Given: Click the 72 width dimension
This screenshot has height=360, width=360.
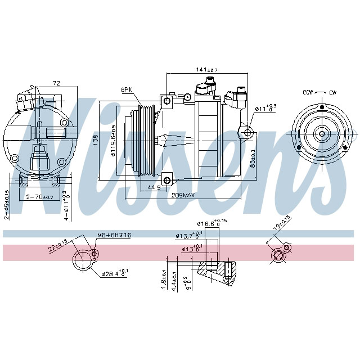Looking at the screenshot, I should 56,83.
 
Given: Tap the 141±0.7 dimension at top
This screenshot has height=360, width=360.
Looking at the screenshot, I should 206,70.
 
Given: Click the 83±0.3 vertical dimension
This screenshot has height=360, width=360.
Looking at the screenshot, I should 253,159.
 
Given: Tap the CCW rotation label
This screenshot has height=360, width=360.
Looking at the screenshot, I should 308,92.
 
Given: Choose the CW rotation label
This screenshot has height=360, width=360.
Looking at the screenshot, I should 332,92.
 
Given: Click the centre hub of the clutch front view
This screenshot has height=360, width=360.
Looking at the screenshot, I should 321,134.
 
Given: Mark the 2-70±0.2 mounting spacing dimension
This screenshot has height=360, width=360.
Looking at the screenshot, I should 39,197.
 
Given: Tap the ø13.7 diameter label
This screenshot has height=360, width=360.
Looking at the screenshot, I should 188,236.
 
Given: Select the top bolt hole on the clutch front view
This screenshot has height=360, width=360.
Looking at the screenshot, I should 321,107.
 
